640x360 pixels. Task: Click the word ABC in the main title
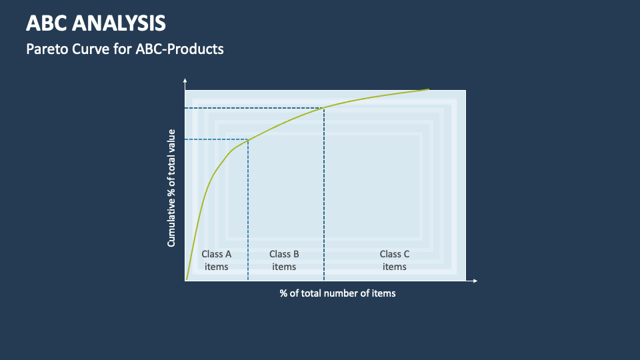pyautogui.click(x=47, y=23)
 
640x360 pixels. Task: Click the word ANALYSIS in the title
pyautogui.click(x=119, y=23)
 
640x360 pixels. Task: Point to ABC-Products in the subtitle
pyautogui.click(x=179, y=49)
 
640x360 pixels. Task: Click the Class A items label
pyautogui.click(x=216, y=260)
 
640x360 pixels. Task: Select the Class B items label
pyautogui.click(x=284, y=260)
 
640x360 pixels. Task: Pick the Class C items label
pyautogui.click(x=394, y=260)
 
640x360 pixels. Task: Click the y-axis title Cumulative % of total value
pyautogui.click(x=171, y=188)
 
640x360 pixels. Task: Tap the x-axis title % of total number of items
pyautogui.click(x=337, y=293)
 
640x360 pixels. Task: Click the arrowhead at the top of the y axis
pyautogui.click(x=185, y=80)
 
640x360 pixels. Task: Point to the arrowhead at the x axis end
pyautogui.click(x=475, y=281)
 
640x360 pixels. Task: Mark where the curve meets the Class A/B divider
pyautogui.click(x=248, y=139)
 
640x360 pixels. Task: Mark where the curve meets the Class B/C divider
pyautogui.click(x=324, y=108)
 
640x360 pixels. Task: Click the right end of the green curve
pyautogui.click(x=429, y=89)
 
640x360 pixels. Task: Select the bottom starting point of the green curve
pyautogui.click(x=187, y=279)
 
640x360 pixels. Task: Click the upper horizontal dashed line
pyautogui.click(x=254, y=108)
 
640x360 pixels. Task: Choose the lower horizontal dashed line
pyautogui.click(x=216, y=139)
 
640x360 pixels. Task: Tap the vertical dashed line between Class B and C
pyautogui.click(x=324, y=194)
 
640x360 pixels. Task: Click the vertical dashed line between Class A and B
pyautogui.click(x=248, y=210)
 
